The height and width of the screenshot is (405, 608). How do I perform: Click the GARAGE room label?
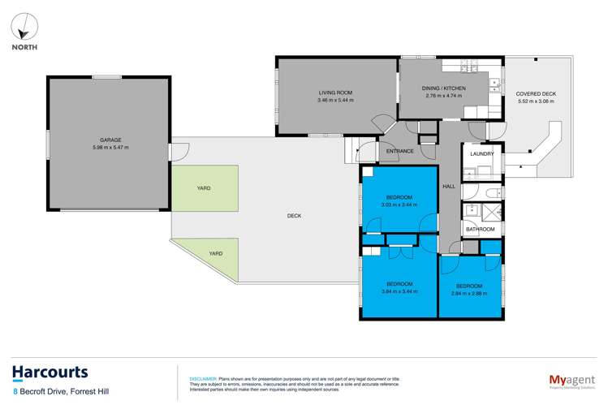pyautogui.click(x=110, y=139)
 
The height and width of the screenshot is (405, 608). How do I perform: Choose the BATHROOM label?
pyautogui.click(x=480, y=229)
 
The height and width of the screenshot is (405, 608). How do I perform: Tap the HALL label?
pyautogui.click(x=448, y=187)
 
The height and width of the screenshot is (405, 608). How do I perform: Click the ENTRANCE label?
pyautogui.click(x=400, y=151)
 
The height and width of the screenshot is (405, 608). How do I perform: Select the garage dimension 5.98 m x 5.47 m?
pyautogui.click(x=110, y=147)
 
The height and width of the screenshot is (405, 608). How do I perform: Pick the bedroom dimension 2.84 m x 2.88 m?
pyautogui.click(x=468, y=294)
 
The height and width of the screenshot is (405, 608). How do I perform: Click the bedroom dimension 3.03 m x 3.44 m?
pyautogui.click(x=399, y=205)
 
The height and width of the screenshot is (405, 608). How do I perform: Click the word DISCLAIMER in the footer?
pyautogui.click(x=203, y=377)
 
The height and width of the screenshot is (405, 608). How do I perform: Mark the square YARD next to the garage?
pyautogui.click(x=205, y=188)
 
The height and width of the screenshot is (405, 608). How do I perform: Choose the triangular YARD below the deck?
pyautogui.click(x=214, y=253)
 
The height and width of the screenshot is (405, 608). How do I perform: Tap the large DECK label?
pyautogui.click(x=294, y=215)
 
